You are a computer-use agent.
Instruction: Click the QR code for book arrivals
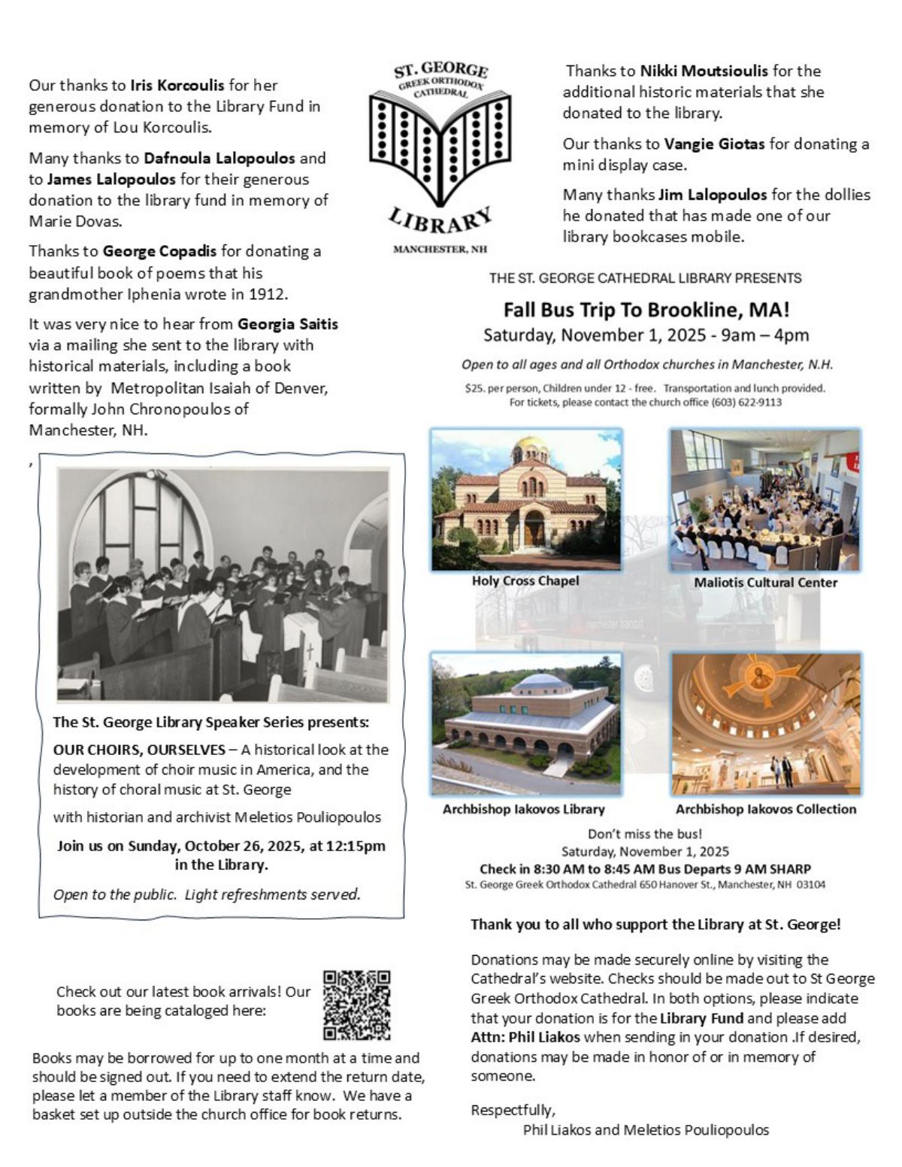356,1005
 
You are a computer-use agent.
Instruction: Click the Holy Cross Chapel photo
526,499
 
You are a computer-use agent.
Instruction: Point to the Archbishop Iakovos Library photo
526,723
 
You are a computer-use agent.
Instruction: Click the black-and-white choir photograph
223,584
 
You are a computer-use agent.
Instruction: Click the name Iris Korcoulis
177,85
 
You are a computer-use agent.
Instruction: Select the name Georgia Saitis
288,324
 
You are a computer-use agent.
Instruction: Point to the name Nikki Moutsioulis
704,71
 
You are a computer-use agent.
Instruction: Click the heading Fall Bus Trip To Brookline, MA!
646,310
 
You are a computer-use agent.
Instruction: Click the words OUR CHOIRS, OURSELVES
138,750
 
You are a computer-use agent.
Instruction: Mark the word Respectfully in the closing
513,1110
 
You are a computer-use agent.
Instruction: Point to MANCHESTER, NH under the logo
440,250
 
